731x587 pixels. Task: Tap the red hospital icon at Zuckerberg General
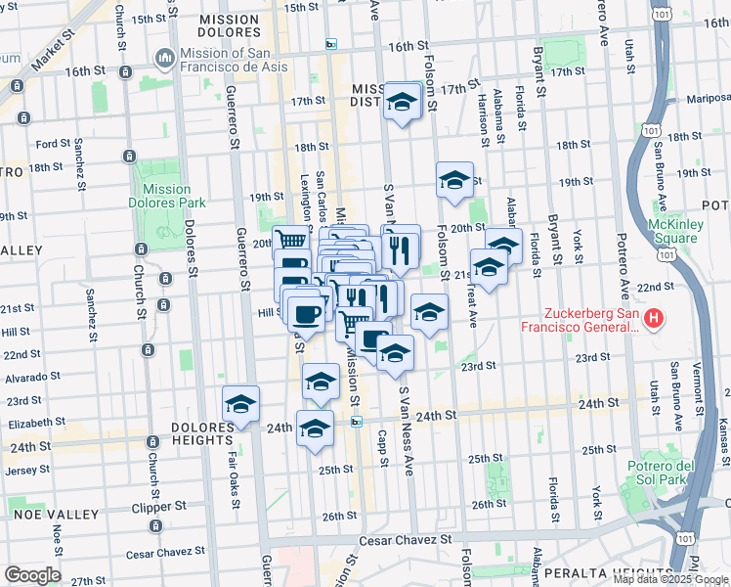click(x=656, y=319)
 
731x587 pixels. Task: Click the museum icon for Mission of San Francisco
click(x=163, y=60)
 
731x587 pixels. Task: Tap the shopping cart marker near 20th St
click(x=290, y=240)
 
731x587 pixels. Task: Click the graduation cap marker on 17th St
click(x=402, y=102)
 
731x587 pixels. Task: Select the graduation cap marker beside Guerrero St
click(x=240, y=404)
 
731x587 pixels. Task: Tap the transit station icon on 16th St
click(x=331, y=44)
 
